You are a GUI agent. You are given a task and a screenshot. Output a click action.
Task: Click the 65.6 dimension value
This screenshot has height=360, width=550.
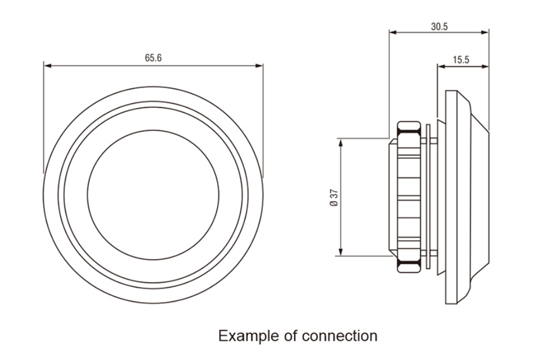coord(153,58)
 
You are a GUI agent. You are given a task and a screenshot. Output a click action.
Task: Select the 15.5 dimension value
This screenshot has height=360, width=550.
coord(462,60)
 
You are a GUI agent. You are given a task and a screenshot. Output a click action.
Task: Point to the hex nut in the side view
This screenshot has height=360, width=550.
coord(408,197)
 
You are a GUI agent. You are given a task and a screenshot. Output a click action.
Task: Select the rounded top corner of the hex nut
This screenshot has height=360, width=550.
coord(408,124)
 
